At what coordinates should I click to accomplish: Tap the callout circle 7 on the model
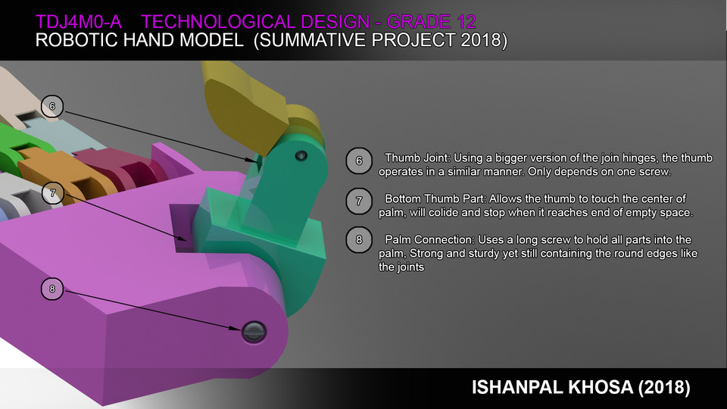coord(52,193)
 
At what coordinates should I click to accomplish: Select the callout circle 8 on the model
coord(52,288)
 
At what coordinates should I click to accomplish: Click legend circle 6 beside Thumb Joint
coord(358,160)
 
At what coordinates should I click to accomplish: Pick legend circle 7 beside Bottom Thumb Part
coord(358,201)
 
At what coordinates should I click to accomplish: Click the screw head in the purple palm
coord(254,330)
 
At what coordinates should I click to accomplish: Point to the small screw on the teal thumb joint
coord(301,155)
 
